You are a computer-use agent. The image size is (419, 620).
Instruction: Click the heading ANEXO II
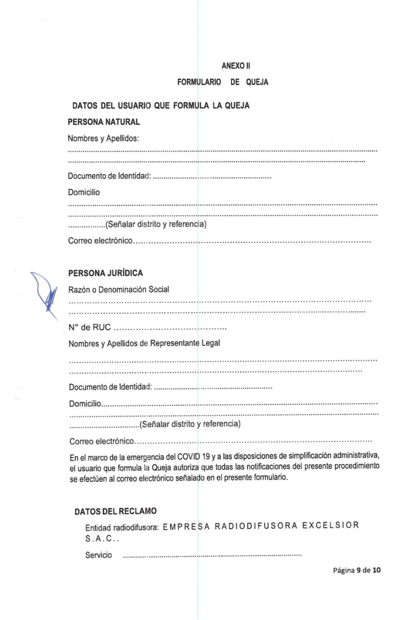[236, 66]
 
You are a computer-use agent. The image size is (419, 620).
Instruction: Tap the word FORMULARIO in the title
[199, 82]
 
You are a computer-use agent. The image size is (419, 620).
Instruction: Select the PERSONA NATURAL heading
[104, 122]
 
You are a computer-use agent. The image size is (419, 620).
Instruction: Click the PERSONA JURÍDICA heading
[105, 273]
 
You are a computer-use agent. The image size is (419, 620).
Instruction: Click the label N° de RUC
[90, 327]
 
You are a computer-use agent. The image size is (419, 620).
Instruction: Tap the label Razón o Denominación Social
[118, 289]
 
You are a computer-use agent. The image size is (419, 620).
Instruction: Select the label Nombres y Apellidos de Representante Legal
[144, 343]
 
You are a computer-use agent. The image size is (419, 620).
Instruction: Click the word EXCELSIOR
[330, 525]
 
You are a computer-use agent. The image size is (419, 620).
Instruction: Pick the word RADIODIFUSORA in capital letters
[256, 526]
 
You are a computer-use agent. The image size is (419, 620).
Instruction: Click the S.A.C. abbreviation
[102, 539]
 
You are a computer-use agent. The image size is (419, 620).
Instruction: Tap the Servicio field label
[98, 555]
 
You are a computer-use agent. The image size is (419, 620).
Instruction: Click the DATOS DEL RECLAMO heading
[115, 511]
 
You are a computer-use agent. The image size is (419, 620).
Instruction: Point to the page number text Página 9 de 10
[357, 570]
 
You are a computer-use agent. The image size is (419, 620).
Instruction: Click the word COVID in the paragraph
[188, 457]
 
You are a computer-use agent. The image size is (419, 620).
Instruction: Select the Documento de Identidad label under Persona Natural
[109, 176]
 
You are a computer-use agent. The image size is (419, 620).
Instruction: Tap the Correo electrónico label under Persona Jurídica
[102, 441]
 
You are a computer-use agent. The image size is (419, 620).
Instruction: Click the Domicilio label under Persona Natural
[84, 192]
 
